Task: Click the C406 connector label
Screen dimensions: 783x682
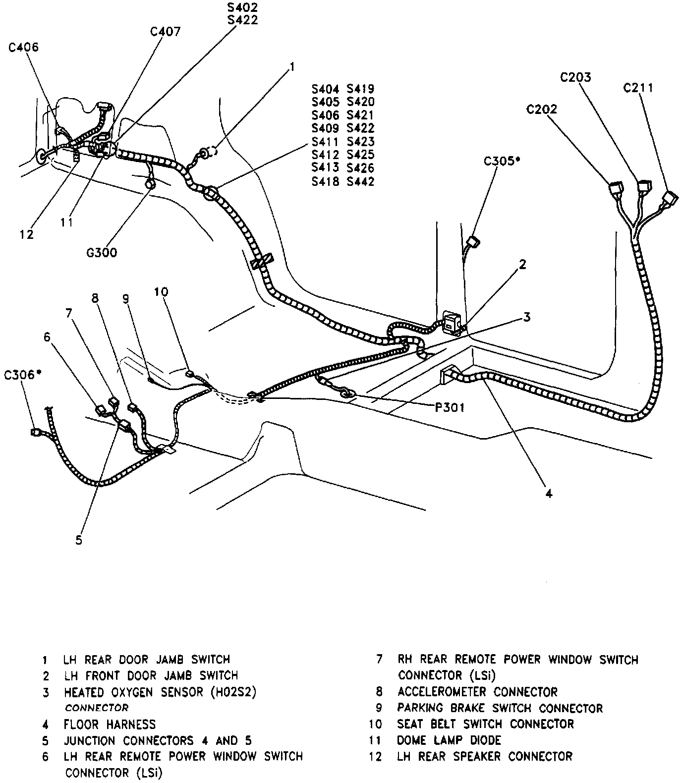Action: click(x=23, y=48)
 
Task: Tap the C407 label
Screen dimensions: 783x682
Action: click(x=166, y=32)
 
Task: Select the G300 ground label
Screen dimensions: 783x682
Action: click(x=102, y=253)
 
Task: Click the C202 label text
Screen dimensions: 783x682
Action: click(x=541, y=109)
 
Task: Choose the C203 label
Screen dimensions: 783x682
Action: click(x=575, y=77)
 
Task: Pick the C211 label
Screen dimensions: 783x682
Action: click(x=638, y=88)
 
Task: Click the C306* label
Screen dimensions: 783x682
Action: click(x=22, y=375)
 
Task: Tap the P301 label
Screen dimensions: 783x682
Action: click(x=450, y=408)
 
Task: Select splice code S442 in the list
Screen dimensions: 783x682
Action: click(x=360, y=181)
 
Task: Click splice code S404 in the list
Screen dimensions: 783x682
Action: click(x=325, y=89)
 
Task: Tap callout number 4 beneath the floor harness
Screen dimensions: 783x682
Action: click(x=549, y=494)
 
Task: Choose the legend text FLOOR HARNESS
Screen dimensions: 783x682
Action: click(x=110, y=725)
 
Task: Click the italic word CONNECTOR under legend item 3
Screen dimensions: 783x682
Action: click(x=97, y=708)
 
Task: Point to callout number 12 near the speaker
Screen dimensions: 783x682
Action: click(x=26, y=234)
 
